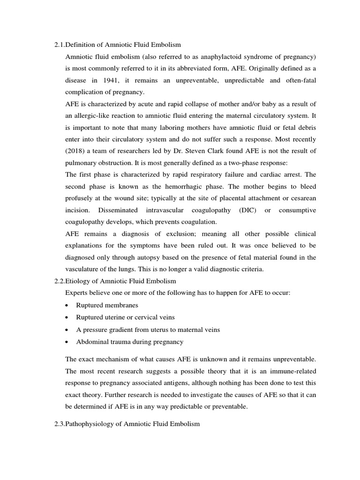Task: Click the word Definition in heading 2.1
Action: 80,45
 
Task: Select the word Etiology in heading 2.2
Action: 79,281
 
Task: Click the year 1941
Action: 112,80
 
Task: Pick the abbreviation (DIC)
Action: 247,210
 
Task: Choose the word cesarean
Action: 300,198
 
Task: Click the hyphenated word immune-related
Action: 293,371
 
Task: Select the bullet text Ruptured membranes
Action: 107,305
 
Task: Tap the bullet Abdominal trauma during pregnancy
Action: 130,342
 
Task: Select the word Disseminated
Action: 120,210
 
